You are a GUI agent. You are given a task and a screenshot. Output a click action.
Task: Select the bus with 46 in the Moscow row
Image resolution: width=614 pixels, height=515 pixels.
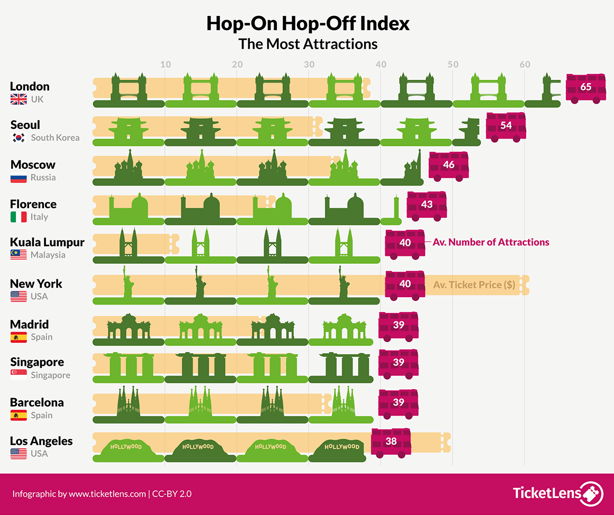click(x=448, y=165)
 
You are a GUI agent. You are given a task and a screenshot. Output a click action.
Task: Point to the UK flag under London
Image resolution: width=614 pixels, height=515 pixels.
click(x=19, y=99)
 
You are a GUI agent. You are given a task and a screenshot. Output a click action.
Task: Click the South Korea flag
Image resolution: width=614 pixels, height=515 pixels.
click(x=19, y=138)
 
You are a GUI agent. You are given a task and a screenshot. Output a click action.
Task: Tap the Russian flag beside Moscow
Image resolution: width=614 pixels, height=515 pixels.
click(x=19, y=178)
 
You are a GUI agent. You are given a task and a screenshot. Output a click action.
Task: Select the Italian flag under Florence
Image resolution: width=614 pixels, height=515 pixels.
click(x=19, y=217)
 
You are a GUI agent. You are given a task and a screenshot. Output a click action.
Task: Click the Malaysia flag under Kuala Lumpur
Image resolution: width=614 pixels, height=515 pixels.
click(x=19, y=255)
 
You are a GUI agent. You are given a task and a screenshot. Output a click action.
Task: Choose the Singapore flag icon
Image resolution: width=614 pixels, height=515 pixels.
click(x=19, y=375)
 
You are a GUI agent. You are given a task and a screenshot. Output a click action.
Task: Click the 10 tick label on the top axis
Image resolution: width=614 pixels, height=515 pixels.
click(x=165, y=65)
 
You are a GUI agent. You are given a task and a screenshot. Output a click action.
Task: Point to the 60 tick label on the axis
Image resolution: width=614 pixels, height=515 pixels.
click(x=525, y=65)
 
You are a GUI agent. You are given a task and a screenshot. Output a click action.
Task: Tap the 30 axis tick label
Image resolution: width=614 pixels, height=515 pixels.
click(x=309, y=65)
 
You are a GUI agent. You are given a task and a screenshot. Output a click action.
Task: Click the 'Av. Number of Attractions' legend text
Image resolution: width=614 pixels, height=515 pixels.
click(x=491, y=242)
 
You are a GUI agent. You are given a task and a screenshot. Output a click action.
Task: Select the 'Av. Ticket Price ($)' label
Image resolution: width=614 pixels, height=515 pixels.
click(x=474, y=284)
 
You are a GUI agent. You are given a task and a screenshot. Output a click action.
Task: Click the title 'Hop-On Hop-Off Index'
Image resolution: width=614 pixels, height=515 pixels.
click(x=308, y=24)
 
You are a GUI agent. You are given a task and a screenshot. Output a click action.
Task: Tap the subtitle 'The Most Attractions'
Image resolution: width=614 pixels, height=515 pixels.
click(x=308, y=44)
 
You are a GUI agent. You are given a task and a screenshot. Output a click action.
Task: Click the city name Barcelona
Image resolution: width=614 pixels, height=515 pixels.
click(x=37, y=402)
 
